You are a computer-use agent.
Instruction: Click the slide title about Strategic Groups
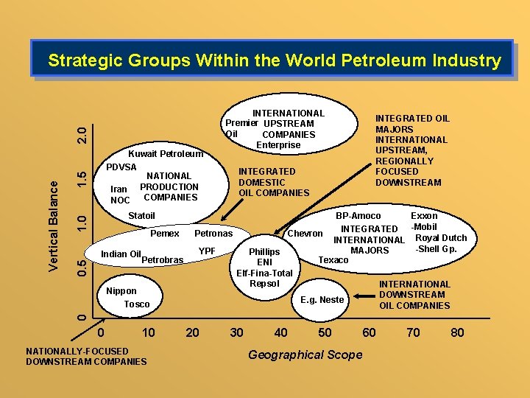point(274,60)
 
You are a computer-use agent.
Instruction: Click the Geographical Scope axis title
point(305,355)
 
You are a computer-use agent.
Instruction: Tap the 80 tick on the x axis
point(457,332)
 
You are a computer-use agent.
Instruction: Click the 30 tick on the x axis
point(236,332)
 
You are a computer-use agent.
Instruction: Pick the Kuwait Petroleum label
point(165,154)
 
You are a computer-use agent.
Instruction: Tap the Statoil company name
point(141,216)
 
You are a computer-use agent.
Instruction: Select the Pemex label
point(164,234)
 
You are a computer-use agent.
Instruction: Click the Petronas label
point(213,234)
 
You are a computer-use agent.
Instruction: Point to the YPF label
point(207,251)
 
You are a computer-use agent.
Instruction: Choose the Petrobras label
point(162,260)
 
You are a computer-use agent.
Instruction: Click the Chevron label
point(305,234)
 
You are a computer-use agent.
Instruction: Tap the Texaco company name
point(333,260)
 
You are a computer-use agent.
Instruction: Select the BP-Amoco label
point(358,216)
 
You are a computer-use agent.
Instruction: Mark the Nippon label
point(121,291)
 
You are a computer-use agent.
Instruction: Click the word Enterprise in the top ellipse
point(278,145)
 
